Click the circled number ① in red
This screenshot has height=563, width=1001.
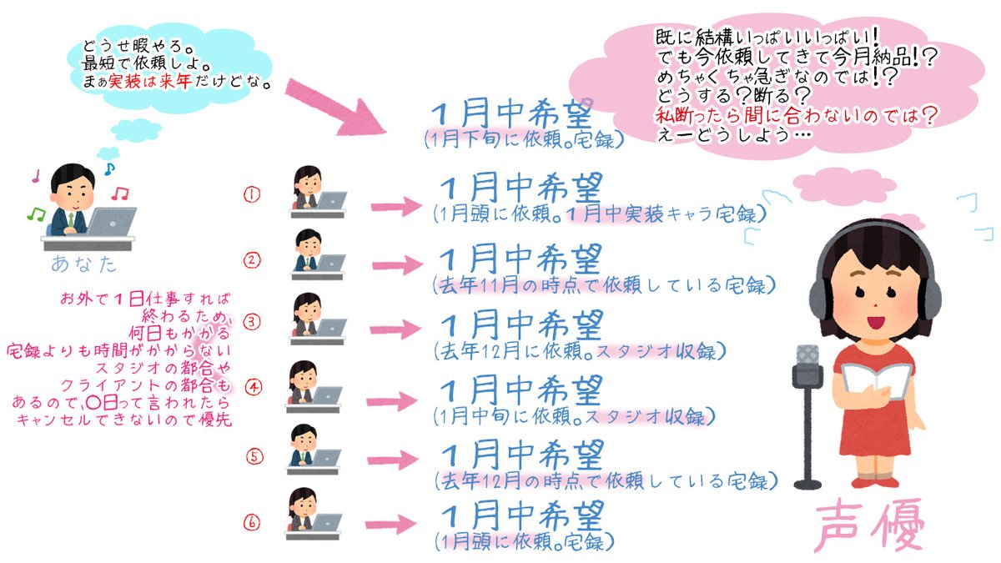click(251, 194)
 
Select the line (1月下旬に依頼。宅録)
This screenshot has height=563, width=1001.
click(523, 139)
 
